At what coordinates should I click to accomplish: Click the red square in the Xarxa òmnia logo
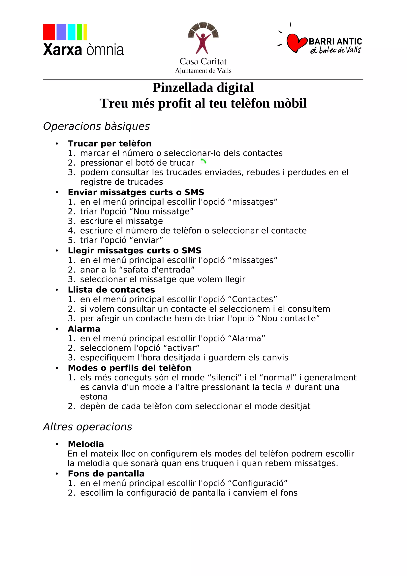(49, 32)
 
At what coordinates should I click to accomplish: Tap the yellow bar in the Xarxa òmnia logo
(85, 32)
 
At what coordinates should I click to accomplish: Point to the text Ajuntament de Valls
(203, 71)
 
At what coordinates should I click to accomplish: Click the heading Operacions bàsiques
(96, 126)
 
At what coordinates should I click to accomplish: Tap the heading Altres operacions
(87, 427)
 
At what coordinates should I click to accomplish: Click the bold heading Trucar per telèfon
(110, 144)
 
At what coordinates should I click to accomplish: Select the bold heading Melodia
(86, 444)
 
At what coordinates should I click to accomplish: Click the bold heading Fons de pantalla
(106, 474)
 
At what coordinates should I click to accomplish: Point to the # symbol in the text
(288, 387)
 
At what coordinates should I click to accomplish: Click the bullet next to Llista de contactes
(57, 290)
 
